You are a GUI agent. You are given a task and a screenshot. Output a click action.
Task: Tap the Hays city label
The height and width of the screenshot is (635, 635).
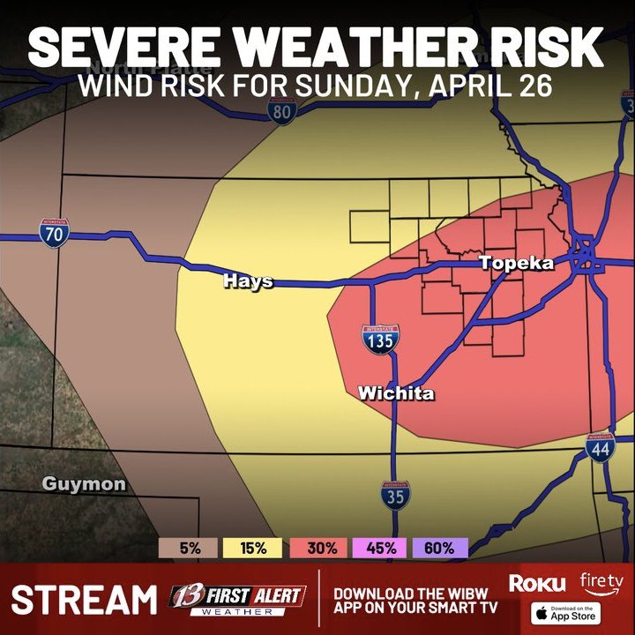(248, 281)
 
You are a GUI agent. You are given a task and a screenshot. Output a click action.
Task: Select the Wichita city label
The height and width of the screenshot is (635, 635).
(396, 393)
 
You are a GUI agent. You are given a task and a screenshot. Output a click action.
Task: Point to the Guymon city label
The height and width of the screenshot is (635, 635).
(84, 484)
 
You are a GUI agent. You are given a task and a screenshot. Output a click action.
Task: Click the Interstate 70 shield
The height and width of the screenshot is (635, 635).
(55, 234)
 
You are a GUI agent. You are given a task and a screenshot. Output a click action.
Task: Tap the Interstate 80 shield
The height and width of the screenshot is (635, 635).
(281, 111)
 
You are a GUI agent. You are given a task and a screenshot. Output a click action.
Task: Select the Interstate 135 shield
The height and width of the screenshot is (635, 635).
(378, 339)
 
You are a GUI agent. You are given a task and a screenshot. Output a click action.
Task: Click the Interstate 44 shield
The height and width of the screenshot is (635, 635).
(600, 449)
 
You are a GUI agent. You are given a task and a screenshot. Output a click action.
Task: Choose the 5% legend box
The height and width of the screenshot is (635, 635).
(190, 548)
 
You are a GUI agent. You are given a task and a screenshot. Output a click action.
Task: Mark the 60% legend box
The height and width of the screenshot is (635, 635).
(438, 548)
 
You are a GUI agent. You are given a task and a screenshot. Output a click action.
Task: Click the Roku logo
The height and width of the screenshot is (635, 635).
(536, 583)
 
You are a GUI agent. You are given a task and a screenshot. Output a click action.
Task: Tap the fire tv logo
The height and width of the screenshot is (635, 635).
(601, 581)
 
